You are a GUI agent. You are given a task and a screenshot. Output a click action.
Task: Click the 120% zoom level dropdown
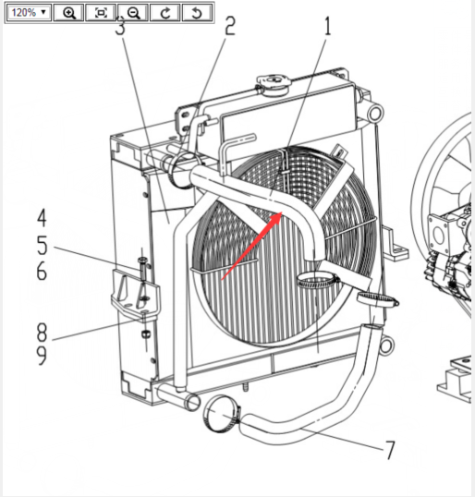29,13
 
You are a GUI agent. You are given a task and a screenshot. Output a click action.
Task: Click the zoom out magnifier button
133,13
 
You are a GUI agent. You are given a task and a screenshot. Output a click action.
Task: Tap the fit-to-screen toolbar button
101,13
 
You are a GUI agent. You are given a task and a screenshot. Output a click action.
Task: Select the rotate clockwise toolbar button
165,13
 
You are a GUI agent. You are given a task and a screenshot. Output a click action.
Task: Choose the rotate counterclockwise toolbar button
197,13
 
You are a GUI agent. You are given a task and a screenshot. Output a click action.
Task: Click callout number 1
327,26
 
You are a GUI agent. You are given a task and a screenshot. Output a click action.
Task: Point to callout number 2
230,26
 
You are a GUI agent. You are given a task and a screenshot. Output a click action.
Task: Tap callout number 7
390,450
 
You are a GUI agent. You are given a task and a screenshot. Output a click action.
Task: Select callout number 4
42,218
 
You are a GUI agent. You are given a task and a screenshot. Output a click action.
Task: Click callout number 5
42,246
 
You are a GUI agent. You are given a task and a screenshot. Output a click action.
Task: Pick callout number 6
42,271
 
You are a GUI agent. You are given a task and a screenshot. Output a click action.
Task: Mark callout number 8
42,333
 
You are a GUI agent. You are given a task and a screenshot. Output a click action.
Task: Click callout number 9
42,355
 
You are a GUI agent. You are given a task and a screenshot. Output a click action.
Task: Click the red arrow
251,246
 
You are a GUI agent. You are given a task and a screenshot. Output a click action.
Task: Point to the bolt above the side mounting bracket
142,268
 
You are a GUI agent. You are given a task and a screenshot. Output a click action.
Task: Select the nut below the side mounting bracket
145,334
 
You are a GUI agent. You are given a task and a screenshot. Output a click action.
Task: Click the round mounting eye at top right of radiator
375,113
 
